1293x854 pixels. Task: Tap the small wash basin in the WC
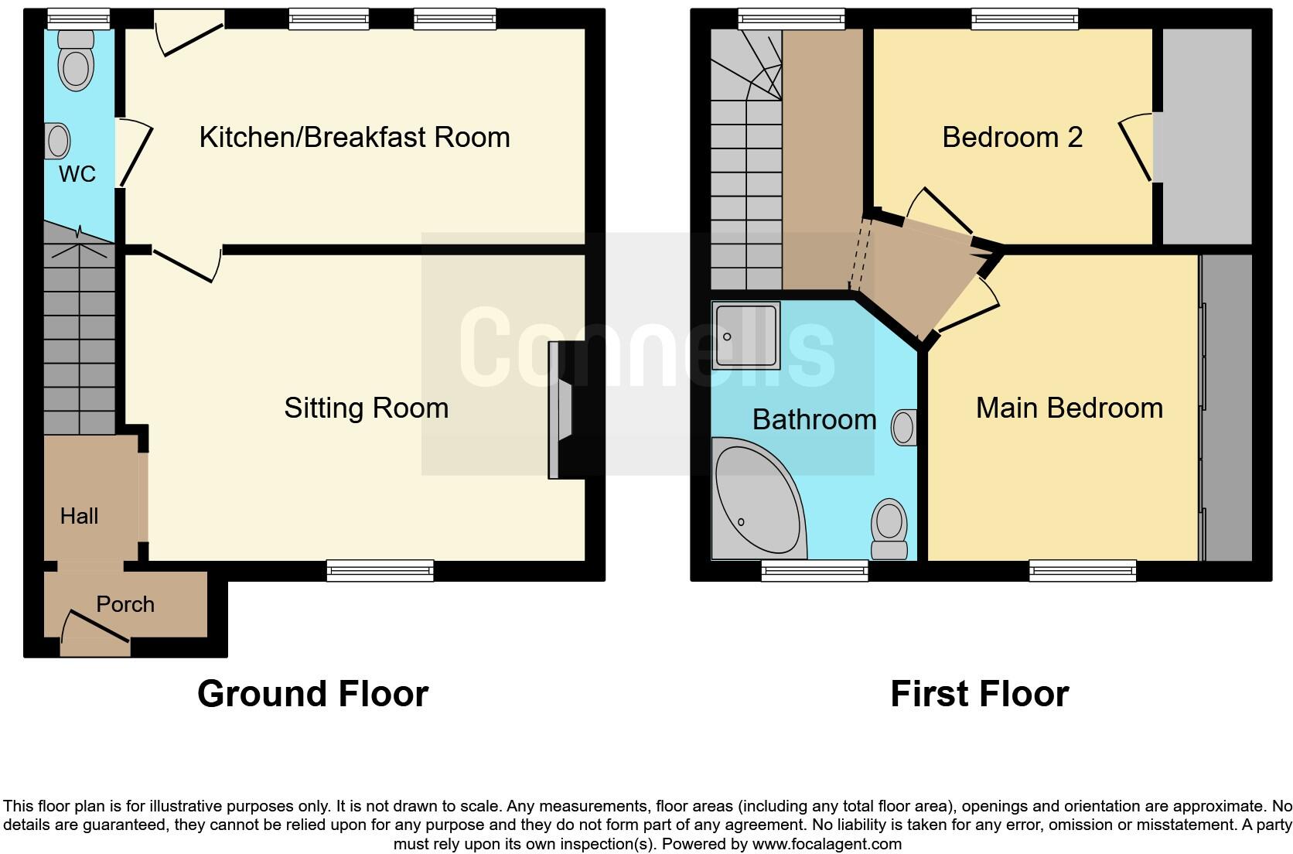tap(56, 142)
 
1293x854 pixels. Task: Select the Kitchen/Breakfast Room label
tap(354, 137)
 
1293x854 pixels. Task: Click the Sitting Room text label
tap(366, 408)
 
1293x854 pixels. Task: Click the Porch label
tap(125, 604)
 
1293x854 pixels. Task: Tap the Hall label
tap(79, 516)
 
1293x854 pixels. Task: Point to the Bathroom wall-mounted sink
tap(904, 428)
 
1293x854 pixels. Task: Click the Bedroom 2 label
tap(1012, 137)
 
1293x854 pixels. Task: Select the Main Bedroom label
tap(1069, 408)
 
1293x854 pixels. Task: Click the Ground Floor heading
tap(312, 694)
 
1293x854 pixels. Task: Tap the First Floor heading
tap(979, 694)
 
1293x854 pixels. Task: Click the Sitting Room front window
tap(380, 571)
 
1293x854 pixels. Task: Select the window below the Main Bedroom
tap(1082, 571)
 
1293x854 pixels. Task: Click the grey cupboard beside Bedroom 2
tap(1206, 137)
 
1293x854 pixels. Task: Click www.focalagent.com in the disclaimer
tap(827, 844)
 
